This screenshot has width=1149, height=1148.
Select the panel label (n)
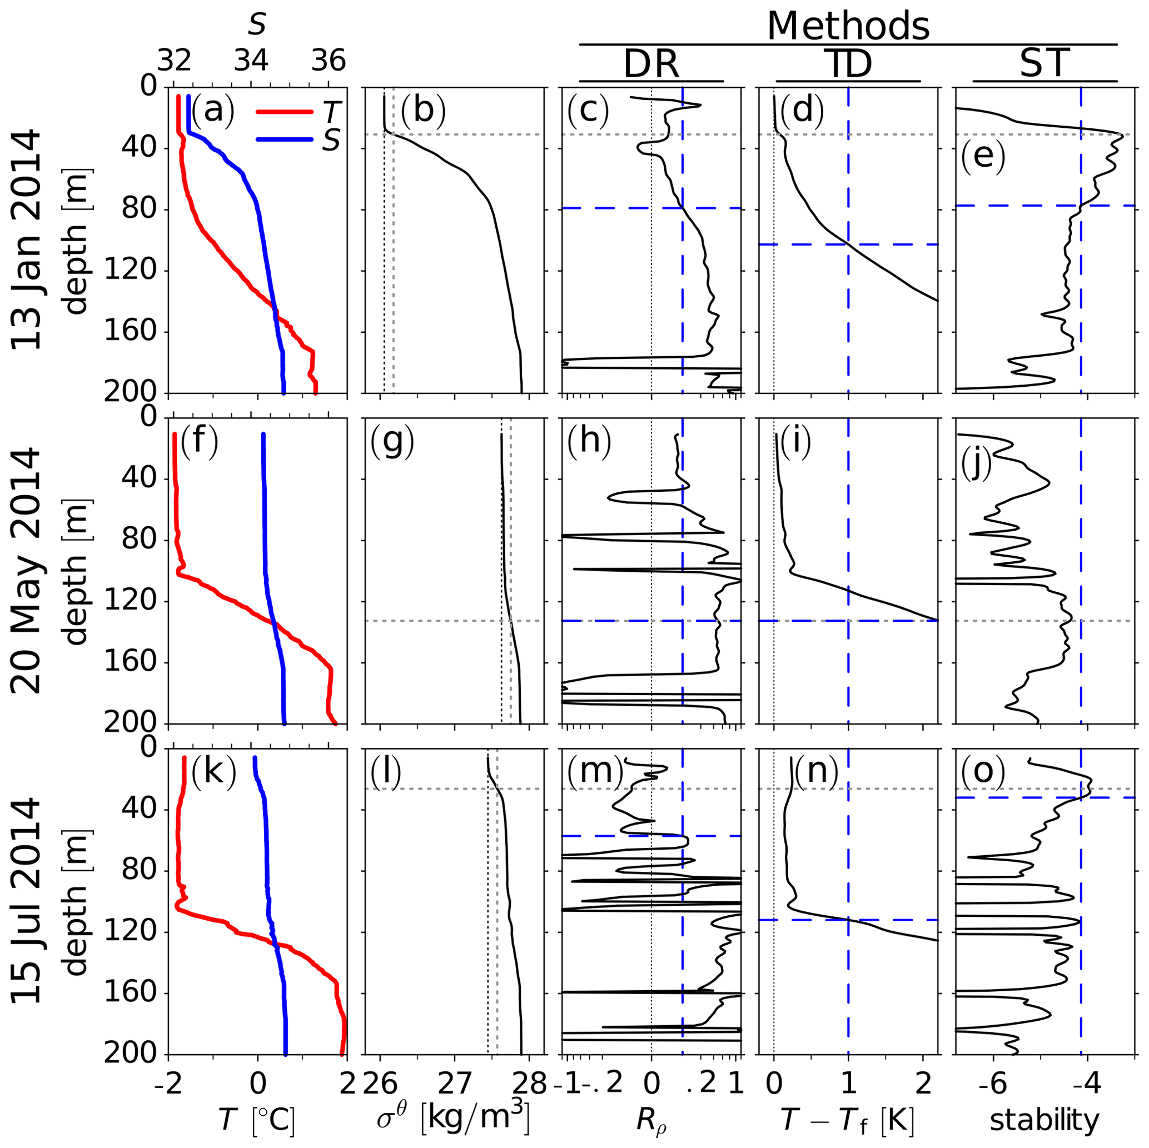point(817,771)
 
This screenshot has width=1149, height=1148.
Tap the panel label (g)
point(392,443)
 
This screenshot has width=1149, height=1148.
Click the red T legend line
point(284,111)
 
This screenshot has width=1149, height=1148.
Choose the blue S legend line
point(284,140)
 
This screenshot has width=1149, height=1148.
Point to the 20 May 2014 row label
point(27,571)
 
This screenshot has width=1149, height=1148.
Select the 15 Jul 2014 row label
point(27,901)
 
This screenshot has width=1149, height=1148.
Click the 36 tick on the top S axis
point(329,61)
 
